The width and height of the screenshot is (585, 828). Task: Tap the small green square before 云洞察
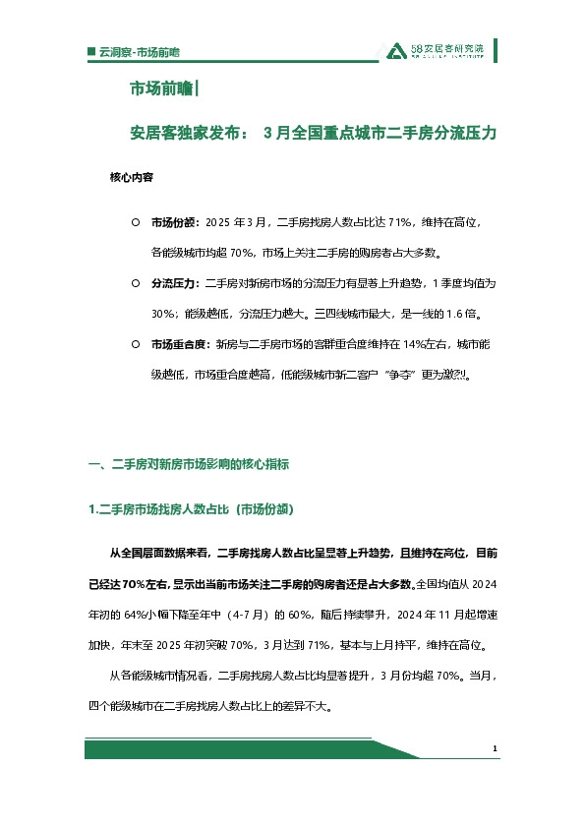(x=90, y=50)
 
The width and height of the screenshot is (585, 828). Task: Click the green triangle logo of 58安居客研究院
(x=394, y=51)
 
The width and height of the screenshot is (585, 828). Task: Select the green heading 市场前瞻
(x=161, y=90)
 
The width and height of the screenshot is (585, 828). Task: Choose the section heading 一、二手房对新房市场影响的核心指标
(x=189, y=463)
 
